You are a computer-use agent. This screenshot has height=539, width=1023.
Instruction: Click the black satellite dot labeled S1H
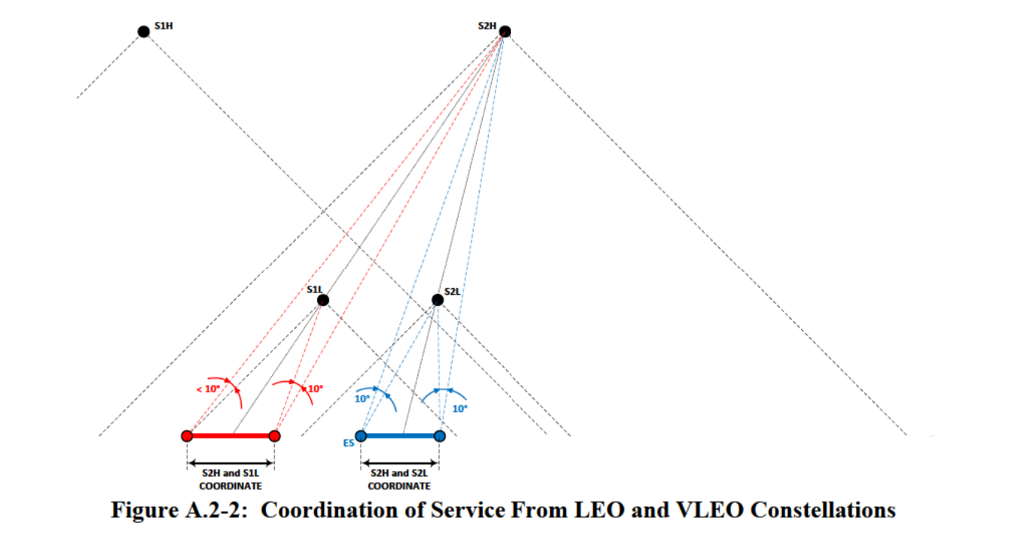(144, 31)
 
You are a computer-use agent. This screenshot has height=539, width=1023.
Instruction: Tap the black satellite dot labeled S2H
(505, 31)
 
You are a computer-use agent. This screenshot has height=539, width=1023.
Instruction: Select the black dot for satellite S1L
(323, 300)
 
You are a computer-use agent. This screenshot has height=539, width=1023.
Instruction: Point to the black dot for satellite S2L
(437, 300)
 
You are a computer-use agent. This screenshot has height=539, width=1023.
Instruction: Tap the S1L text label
(314, 288)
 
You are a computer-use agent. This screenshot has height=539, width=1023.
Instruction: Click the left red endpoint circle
(187, 436)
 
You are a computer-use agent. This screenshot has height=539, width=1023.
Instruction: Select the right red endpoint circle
(275, 436)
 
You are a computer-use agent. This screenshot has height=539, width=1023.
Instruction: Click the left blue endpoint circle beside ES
(361, 436)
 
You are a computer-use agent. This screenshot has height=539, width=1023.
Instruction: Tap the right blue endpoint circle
(440, 436)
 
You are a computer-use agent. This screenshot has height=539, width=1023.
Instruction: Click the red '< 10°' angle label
(210, 388)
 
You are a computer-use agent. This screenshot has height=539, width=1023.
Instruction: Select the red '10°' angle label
(315, 388)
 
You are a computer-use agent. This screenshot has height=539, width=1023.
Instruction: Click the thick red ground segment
(231, 436)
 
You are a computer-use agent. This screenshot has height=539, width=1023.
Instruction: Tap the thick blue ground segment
(400, 436)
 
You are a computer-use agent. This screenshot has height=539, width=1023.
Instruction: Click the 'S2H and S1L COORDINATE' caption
(231, 480)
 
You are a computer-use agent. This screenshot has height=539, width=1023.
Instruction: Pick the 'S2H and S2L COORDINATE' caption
(400, 480)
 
